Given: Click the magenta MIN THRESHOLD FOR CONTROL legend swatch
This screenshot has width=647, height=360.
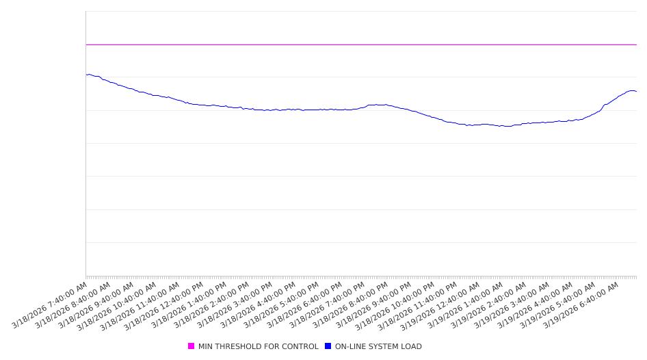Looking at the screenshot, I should pos(192,346).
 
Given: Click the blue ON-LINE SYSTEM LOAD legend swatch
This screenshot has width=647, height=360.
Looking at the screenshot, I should pos(328,346).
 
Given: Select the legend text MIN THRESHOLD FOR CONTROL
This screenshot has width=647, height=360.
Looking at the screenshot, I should pos(258,346).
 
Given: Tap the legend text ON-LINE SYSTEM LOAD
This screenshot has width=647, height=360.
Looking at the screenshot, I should pos(378,346).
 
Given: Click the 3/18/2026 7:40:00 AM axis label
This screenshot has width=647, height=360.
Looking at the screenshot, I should pos(50,305).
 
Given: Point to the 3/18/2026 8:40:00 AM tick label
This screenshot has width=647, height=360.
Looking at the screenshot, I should pos(73,305).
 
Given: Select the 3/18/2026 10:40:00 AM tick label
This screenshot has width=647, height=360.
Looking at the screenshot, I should pos(119,305).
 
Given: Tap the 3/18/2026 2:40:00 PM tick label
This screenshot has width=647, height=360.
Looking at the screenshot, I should pos(211,305).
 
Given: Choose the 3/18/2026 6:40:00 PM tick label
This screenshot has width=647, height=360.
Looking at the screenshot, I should pos(304,305).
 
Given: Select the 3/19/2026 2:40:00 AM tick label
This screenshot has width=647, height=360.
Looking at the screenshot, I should pos(488,305).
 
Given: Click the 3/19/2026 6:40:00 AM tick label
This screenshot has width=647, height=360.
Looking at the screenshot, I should pos(581,305).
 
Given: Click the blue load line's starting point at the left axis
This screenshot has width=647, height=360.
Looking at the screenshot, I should pos(86,75).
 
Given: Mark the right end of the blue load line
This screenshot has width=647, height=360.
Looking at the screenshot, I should pos(636,91).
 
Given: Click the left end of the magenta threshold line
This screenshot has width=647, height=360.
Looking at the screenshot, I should pos(86,44).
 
